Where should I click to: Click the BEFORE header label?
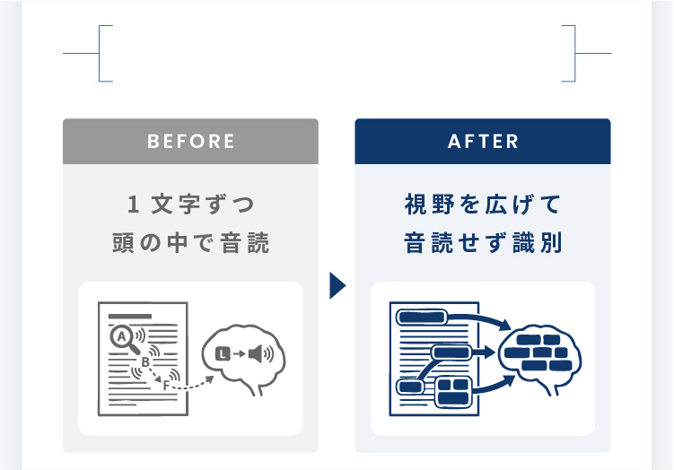pyautogui.click(x=190, y=142)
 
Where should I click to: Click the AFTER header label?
pyautogui.click(x=483, y=142)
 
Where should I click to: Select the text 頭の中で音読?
pyautogui.click(x=190, y=243)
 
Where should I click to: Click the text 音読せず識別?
pyautogui.click(x=483, y=243)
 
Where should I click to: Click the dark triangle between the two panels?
pyautogui.click(x=337, y=286)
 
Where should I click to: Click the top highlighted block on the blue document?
pyautogui.click(x=421, y=317)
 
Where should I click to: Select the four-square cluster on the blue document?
pyautogui.click(x=453, y=391)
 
